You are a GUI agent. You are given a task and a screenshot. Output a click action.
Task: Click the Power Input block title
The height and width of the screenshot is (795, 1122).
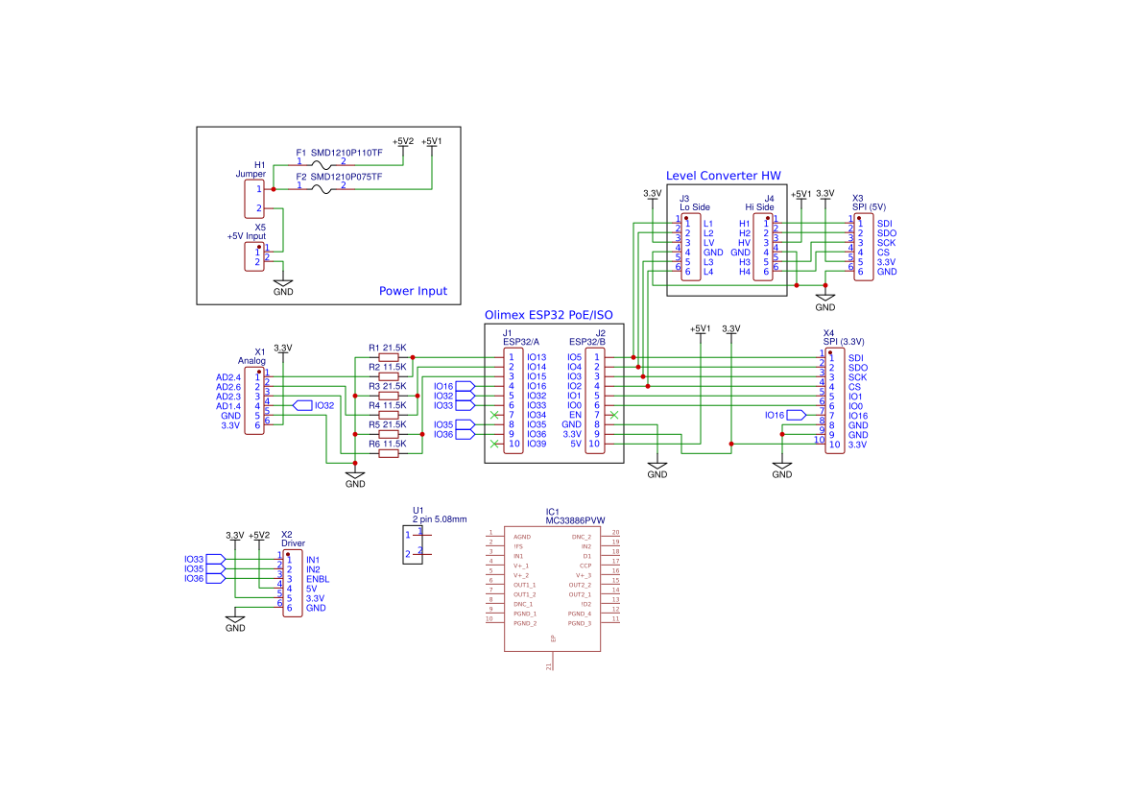click(413, 291)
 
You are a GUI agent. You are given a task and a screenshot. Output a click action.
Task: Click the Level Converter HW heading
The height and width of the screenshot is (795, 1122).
click(723, 176)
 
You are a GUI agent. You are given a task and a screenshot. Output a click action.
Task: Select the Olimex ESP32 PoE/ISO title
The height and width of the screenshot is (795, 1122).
click(548, 315)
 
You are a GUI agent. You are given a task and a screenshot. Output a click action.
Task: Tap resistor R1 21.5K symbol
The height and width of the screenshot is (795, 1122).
click(389, 357)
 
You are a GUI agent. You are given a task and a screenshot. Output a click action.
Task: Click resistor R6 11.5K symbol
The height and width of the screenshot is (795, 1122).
click(389, 453)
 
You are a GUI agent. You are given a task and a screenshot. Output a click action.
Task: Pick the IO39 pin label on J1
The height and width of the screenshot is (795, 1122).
click(537, 444)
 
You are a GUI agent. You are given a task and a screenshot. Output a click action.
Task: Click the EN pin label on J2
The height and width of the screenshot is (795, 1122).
click(576, 415)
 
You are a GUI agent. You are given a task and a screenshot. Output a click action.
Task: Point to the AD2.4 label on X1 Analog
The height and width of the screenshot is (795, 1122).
click(228, 376)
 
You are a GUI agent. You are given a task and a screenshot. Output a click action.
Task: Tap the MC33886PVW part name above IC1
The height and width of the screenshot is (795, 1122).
click(575, 520)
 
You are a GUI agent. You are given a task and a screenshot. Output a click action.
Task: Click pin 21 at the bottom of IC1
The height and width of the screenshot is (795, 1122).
click(551, 662)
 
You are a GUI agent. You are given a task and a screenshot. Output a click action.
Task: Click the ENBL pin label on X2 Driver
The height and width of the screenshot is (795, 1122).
click(318, 579)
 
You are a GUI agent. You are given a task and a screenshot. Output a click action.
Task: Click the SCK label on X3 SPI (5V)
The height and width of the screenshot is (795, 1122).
click(886, 243)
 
